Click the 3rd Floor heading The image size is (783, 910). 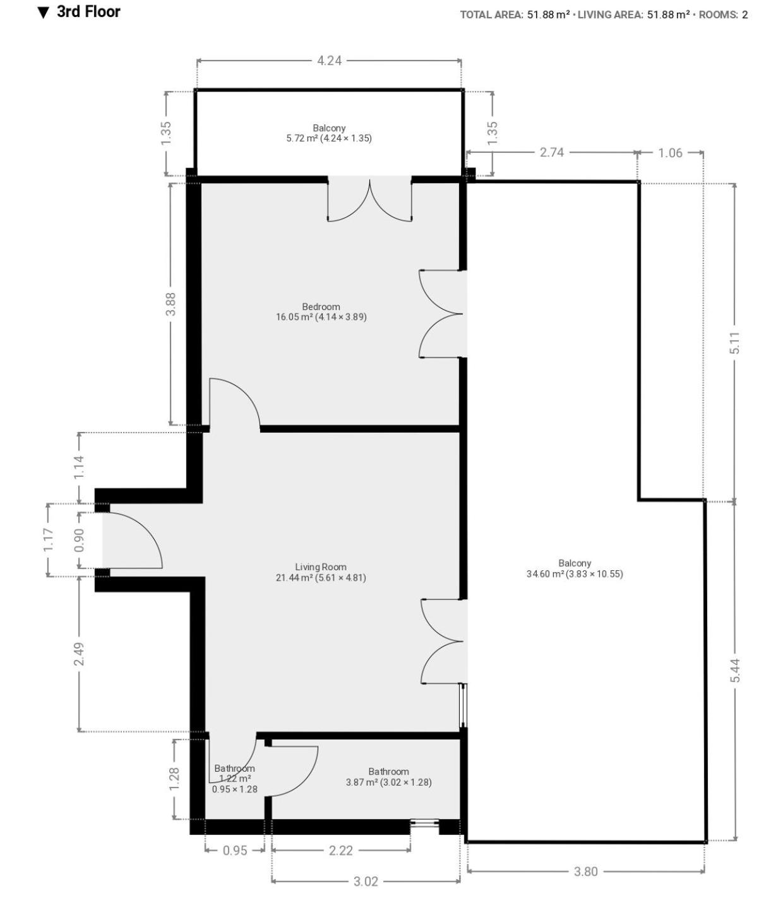coord(88,12)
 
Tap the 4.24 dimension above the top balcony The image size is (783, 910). coord(329,61)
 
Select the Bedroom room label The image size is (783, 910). coord(321,306)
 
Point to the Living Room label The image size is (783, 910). coord(321,566)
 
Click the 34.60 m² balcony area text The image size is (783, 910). coord(575,573)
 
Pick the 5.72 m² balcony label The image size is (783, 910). coord(329,138)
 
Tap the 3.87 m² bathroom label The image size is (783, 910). coord(388,782)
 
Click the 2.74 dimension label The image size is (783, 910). coord(551,152)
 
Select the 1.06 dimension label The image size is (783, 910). coord(670,153)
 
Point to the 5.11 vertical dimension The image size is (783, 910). coord(734,342)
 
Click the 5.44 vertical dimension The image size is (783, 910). coord(734,670)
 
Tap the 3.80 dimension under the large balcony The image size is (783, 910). coord(586,871)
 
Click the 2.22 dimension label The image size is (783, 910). coord(340,851)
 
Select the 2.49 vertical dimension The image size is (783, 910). coord(79,654)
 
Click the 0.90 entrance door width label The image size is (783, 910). coord(79,540)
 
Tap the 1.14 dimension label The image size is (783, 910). coord(79,467)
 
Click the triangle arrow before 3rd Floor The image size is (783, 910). coord(44,13)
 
